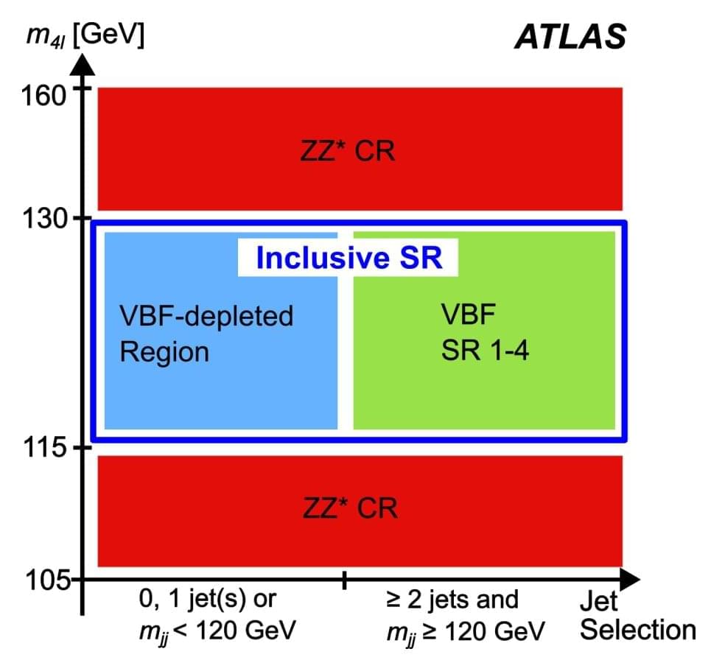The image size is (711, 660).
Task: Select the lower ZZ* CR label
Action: pos(350,508)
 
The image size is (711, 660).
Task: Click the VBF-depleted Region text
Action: pos(206,334)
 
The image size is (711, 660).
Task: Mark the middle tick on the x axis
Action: pos(344,580)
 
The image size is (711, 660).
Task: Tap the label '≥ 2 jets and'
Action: pos(452,599)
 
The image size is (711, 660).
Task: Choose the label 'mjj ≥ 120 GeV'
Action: pos(466,631)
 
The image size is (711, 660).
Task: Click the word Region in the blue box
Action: pos(164,352)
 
